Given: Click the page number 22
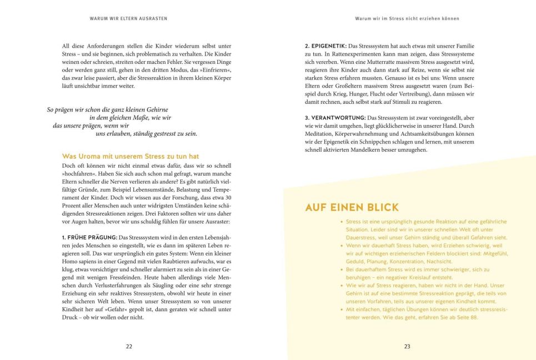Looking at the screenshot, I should point(129,346).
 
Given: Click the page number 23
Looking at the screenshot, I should point(407,346).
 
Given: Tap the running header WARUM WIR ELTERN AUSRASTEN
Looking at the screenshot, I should point(128,18).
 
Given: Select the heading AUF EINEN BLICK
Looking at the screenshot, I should point(352,208).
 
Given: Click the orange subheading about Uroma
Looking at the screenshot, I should point(131,157).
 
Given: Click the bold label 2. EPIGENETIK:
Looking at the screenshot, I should point(325,45).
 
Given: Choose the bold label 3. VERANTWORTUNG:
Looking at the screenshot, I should point(335,118).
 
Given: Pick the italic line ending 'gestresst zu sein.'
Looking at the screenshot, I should point(147,133).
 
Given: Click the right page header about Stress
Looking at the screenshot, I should point(407,18).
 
